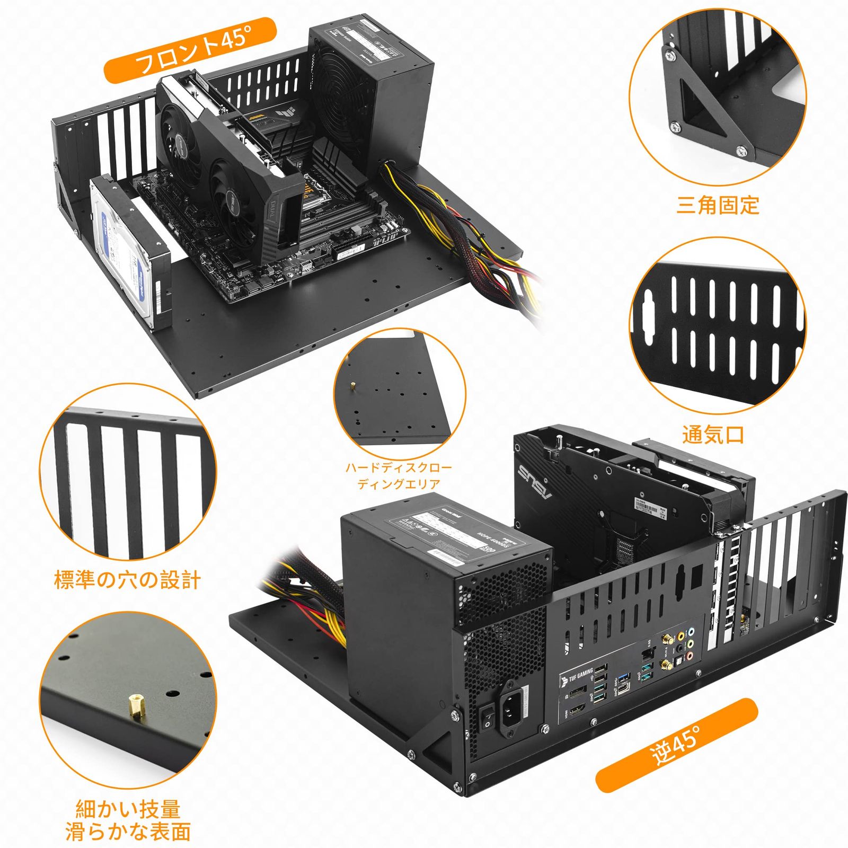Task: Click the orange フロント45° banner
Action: (x=191, y=51)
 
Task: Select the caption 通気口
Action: (x=713, y=435)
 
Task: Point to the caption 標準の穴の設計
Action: (x=128, y=580)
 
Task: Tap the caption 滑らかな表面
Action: (x=128, y=831)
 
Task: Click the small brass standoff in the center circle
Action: (x=352, y=385)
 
